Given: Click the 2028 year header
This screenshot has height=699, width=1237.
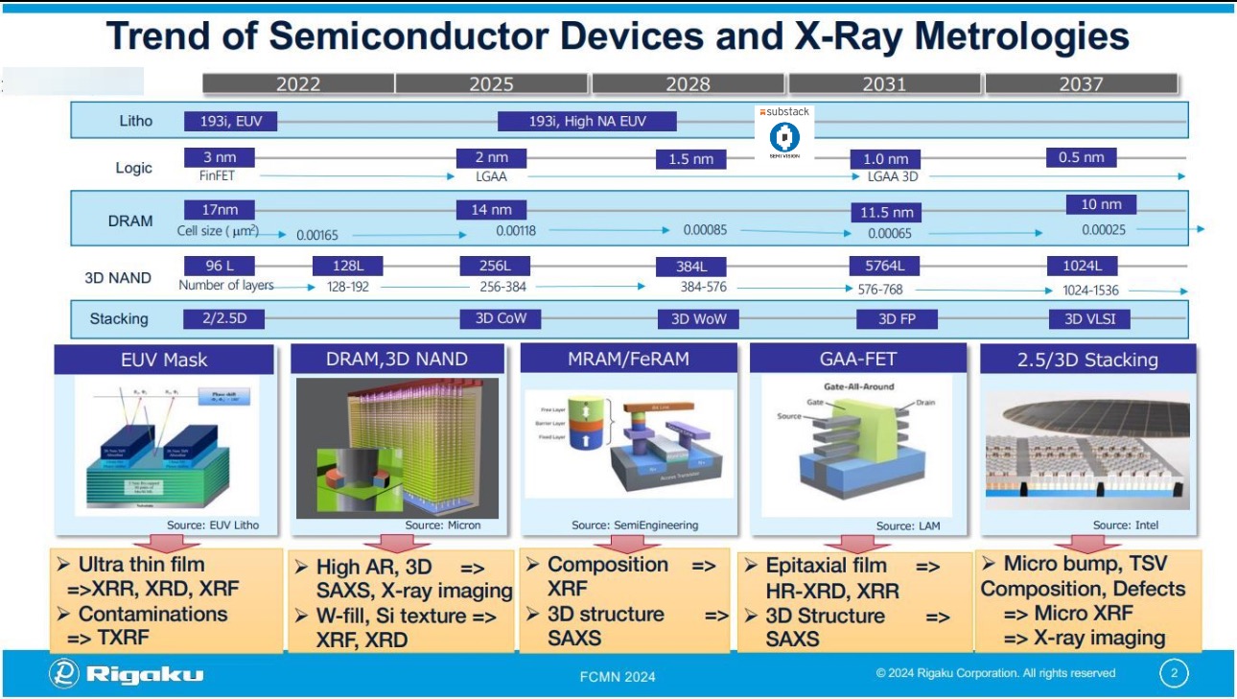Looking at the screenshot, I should pos(688,84).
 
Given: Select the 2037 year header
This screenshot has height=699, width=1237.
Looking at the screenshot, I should pos(1081,84).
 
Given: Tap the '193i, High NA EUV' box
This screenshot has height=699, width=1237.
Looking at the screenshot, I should pos(587,121).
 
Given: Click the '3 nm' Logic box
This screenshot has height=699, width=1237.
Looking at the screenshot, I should pos(213,157).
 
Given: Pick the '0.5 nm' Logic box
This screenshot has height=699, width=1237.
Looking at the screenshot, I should pos(1081,157).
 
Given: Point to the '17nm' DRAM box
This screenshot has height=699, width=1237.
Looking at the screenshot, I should pos(213,210).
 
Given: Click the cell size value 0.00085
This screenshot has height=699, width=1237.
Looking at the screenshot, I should pos(705,230).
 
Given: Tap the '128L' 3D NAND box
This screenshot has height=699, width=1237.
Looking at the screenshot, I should pos(340,266).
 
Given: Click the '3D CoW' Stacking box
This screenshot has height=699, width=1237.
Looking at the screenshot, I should pos(494,318).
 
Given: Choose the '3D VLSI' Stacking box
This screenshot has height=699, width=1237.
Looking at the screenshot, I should pos(1083,318).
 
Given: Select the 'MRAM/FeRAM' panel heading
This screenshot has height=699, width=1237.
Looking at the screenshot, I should pos(628,360).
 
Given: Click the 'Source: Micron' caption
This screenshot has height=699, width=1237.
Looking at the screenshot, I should pos(442,524).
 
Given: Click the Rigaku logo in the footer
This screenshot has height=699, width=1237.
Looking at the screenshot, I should pos(127,674).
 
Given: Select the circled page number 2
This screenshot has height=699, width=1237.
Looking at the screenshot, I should pos(1174,673).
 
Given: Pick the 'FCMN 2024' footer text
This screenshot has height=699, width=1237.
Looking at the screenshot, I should pos(618,677).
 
